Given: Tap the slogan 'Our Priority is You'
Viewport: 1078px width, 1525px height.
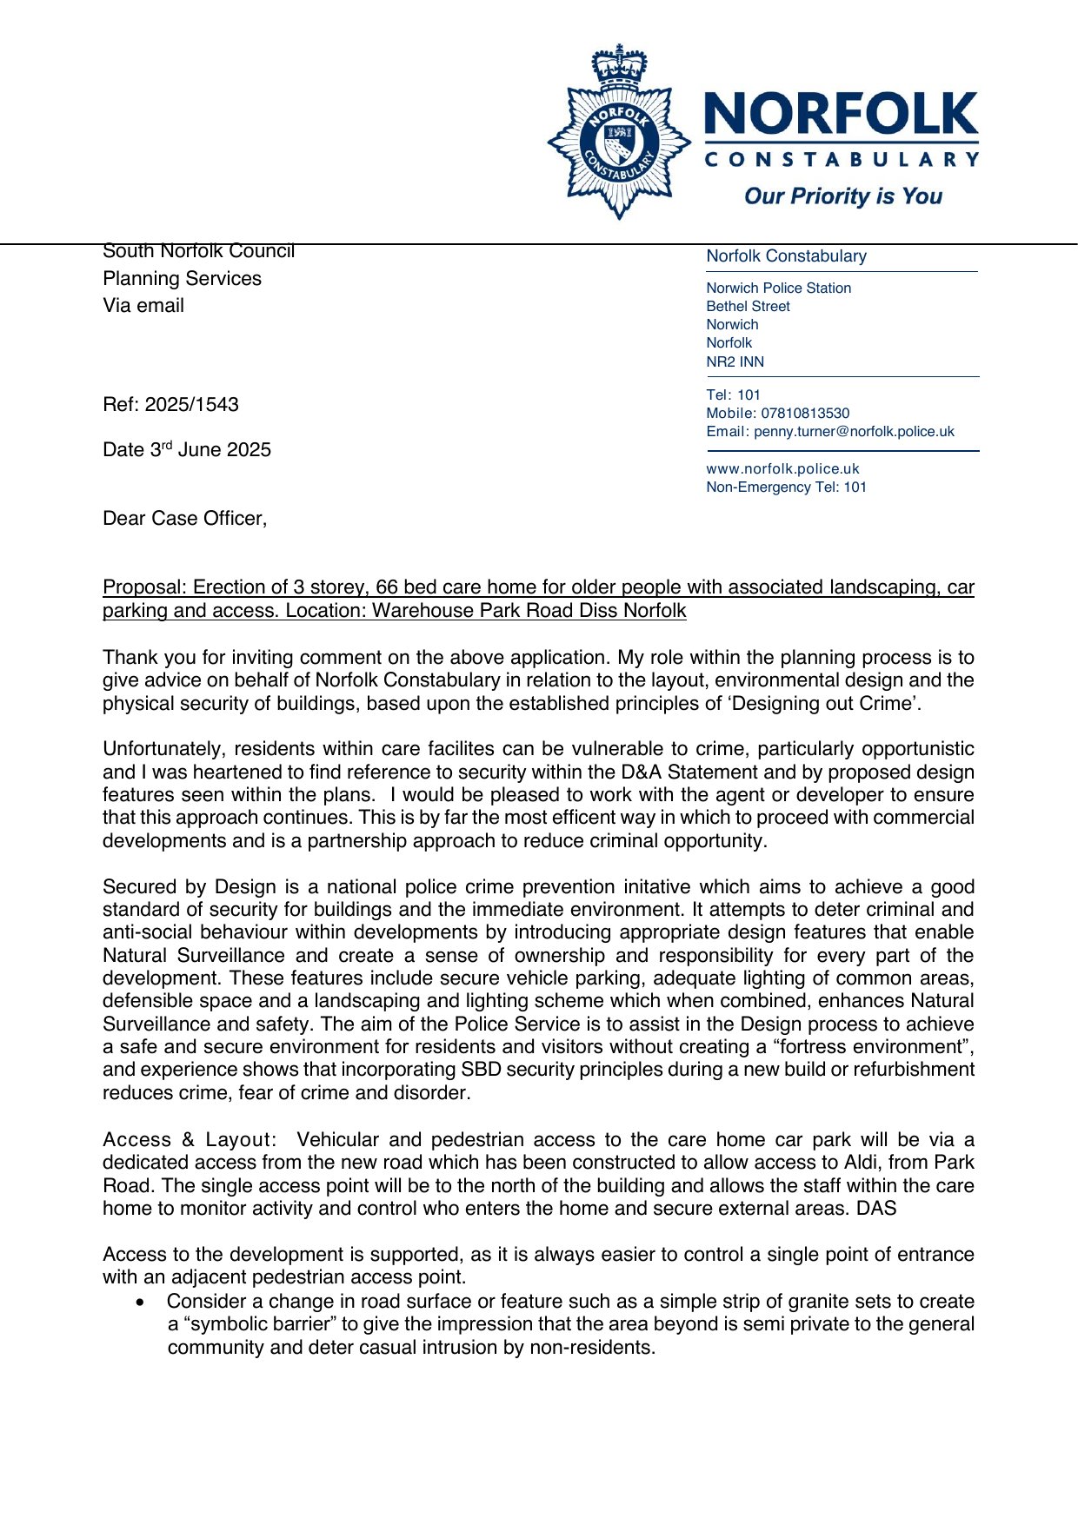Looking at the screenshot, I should tap(842, 196).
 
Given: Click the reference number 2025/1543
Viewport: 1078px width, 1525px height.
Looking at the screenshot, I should tap(191, 405).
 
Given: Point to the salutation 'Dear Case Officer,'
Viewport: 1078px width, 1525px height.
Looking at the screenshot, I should tap(184, 519).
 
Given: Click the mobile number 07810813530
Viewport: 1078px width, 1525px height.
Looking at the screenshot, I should tap(805, 414).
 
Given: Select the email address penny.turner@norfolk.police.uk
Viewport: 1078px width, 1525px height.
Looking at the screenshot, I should tap(854, 432).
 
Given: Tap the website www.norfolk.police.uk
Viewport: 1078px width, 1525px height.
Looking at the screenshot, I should tap(782, 469).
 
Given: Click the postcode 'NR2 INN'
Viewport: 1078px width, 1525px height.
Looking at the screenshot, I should tap(735, 361).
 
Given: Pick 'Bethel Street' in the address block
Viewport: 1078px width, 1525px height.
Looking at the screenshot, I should tap(748, 307).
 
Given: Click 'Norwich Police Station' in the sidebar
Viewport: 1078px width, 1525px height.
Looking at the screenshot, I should tap(778, 288).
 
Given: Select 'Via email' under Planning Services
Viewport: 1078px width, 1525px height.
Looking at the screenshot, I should tap(143, 306).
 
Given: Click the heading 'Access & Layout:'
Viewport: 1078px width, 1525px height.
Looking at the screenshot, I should tap(190, 1140).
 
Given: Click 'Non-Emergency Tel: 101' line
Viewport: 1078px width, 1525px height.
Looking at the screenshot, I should tap(786, 487).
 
